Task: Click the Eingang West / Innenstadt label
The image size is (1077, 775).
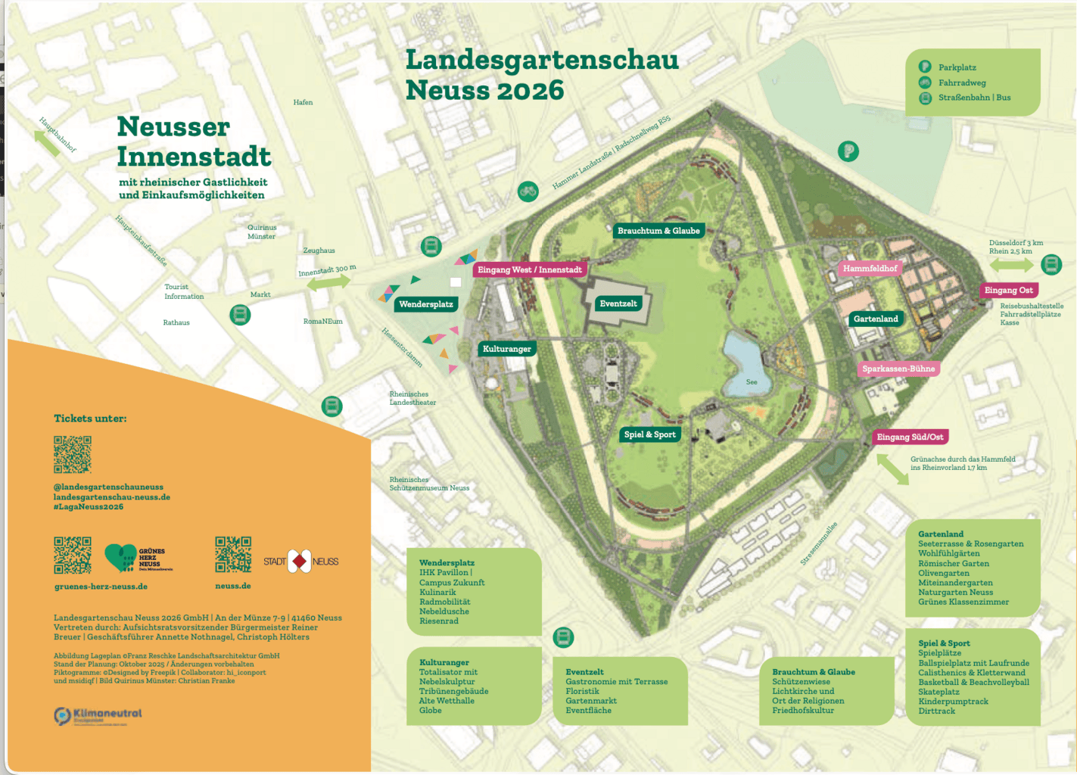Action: (x=530, y=270)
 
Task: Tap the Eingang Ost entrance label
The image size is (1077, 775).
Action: (x=1008, y=291)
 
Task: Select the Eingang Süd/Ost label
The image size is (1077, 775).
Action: (x=910, y=437)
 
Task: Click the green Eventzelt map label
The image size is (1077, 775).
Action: (x=618, y=304)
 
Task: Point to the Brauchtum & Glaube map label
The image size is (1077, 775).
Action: (x=658, y=231)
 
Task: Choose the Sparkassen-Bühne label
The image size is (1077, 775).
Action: (x=898, y=369)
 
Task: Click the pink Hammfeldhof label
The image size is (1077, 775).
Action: (x=870, y=269)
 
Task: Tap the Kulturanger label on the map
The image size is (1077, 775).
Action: (x=506, y=349)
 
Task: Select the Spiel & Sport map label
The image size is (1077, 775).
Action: (x=649, y=434)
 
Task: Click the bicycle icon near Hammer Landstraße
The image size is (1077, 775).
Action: (x=528, y=191)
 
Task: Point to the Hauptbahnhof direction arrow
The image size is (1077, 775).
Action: (x=47, y=142)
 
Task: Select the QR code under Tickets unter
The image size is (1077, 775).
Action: (x=73, y=454)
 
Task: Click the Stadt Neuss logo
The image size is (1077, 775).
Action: (x=300, y=561)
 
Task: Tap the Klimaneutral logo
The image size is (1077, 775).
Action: (x=98, y=715)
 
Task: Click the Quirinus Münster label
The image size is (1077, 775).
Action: (x=262, y=232)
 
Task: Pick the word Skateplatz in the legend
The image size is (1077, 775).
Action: (x=938, y=692)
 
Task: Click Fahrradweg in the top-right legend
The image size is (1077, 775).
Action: (x=962, y=83)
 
